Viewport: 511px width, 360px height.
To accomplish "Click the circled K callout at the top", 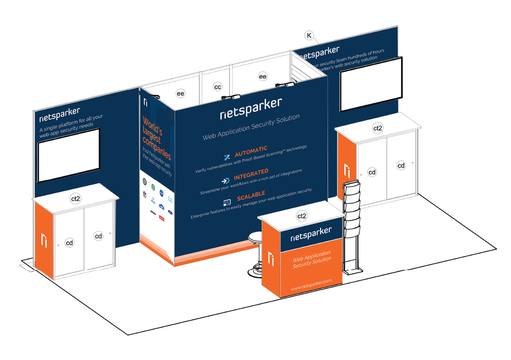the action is (309, 35).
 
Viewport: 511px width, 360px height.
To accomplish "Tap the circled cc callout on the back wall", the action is (218, 87).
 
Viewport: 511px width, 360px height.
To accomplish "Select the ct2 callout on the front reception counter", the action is (301, 216).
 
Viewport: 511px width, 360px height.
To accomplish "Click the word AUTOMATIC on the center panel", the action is (251, 149).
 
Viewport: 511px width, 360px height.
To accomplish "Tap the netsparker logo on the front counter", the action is (310, 233).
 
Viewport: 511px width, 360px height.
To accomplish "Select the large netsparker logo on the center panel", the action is (251, 107).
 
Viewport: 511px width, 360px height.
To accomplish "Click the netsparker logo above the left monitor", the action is (59, 114).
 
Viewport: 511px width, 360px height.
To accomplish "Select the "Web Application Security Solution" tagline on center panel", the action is (251, 127).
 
